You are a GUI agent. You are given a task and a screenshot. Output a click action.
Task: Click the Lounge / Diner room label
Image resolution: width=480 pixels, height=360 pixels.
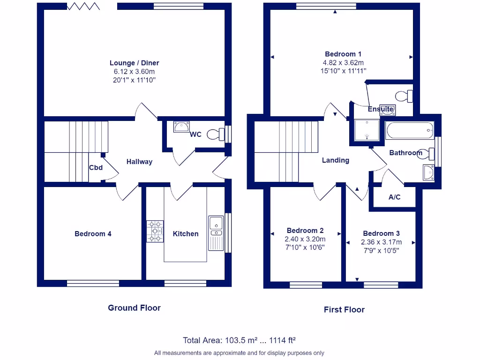(134, 63)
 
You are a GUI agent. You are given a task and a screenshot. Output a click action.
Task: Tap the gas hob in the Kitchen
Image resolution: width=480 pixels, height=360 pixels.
(155, 232)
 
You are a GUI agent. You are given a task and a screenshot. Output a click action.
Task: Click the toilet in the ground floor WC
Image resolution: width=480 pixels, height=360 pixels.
(216, 134)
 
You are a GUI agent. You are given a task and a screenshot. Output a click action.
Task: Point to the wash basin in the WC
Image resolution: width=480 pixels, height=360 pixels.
(181, 127)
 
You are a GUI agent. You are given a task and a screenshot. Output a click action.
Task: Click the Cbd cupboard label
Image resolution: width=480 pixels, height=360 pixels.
(96, 167)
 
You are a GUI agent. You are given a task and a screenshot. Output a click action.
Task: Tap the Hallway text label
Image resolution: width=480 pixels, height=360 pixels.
(139, 162)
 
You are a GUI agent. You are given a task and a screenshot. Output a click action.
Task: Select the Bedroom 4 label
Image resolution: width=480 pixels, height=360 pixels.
(93, 233)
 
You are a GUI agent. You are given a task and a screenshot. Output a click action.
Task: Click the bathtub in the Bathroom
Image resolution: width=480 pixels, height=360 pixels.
(410, 130)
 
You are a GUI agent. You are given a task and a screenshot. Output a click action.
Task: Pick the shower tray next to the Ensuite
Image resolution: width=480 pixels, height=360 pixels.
(366, 130)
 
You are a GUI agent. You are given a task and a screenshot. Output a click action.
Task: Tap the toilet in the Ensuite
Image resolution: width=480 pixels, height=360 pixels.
(404, 96)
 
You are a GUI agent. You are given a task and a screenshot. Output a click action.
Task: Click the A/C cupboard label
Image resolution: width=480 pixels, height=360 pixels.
(395, 197)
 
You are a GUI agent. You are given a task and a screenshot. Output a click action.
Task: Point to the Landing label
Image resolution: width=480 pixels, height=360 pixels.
(335, 160)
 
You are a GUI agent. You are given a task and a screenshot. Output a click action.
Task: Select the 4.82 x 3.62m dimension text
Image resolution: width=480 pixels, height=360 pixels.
(343, 62)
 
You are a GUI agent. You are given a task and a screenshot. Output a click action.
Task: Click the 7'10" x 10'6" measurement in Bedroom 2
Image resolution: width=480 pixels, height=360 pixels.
(305, 247)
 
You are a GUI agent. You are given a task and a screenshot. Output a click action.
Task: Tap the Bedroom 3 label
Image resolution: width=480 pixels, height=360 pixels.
(381, 233)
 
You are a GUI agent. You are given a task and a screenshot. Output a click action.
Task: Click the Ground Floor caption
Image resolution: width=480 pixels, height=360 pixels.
(134, 307)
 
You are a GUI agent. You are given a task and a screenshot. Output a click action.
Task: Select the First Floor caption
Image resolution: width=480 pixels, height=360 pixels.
(344, 309)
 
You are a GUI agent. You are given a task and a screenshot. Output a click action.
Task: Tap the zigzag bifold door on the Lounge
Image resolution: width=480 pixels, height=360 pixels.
(83, 6)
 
